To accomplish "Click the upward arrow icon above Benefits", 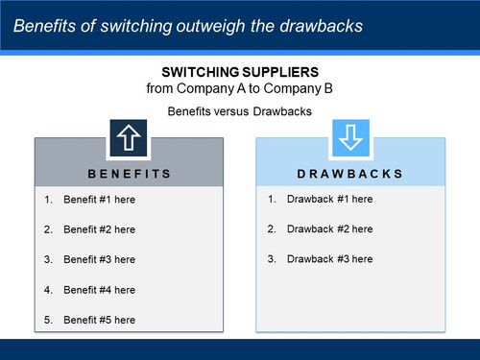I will (130, 139).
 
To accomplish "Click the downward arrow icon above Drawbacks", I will (350, 139).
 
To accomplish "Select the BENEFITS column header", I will (130, 174).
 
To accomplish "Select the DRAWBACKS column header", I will (350, 174).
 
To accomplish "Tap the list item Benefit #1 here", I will (99, 200).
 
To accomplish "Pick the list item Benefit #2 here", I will (99, 229).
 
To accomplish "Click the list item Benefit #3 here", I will (99, 259).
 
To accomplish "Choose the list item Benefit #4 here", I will (99, 290).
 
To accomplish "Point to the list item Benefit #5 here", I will (99, 320).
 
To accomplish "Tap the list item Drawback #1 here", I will (328, 199).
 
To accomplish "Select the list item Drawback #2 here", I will (328, 228).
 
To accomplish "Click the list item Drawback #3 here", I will (328, 259).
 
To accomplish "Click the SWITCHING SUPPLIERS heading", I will (240, 73).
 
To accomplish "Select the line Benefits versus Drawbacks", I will (240, 111).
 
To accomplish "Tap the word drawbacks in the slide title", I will (324, 26).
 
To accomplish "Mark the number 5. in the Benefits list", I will (49, 320).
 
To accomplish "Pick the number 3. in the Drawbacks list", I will (272, 259).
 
